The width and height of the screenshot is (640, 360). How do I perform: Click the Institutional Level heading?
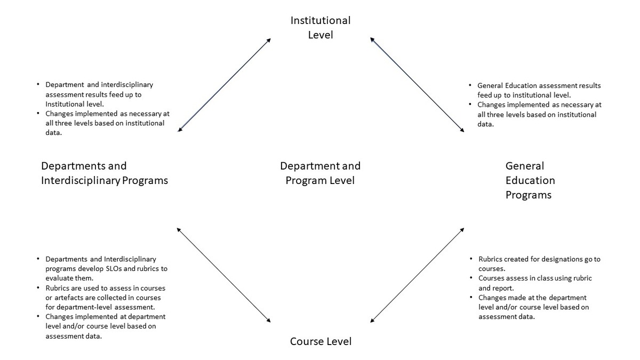pos(321,27)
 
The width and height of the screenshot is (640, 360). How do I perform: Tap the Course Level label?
pos(321,341)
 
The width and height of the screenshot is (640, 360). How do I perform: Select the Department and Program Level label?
pos(321,173)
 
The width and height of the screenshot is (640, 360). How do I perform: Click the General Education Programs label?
pos(530,180)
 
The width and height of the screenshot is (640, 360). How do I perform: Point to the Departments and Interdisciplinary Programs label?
pos(105,173)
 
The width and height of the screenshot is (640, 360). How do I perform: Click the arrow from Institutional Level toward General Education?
pos(417,85)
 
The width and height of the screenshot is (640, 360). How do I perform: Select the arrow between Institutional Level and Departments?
pos(224,85)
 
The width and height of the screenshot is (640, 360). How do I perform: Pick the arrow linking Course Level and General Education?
pos(417,275)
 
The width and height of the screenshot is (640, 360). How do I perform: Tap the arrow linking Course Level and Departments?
pos(223,275)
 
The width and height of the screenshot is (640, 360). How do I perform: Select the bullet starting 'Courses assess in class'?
pos(535,283)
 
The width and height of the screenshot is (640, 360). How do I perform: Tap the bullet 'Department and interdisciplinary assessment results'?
pos(99,94)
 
